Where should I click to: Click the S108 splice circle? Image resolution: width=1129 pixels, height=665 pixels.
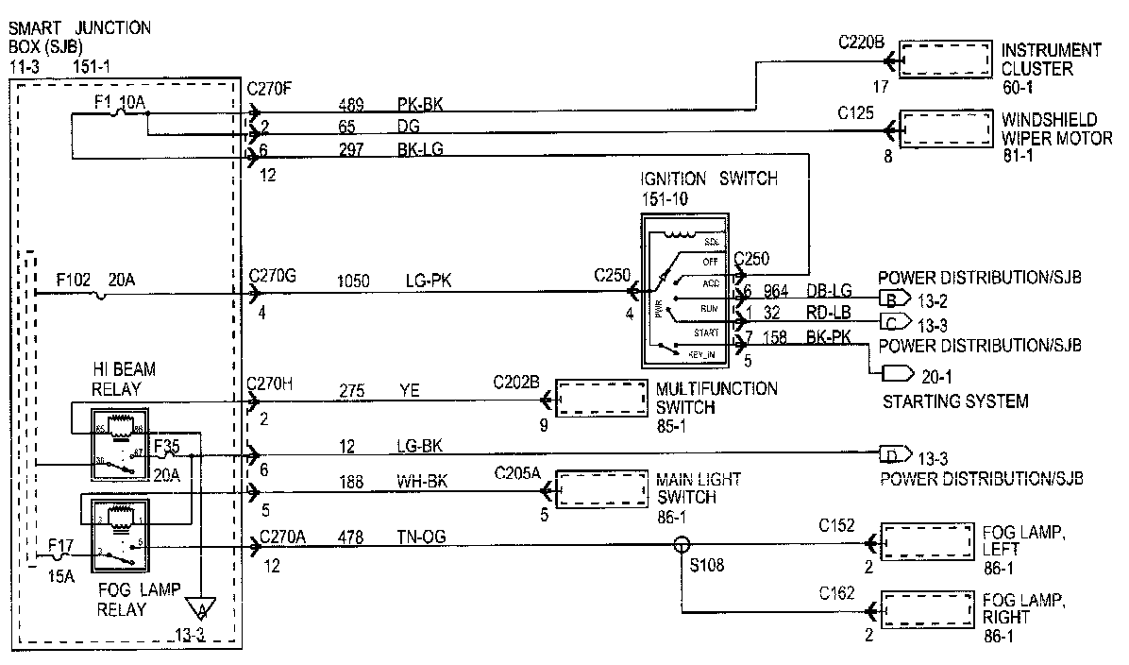[x=680, y=545]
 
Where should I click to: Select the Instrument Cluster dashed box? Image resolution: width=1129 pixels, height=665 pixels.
[x=945, y=59]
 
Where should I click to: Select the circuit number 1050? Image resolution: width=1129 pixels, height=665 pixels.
[x=354, y=281]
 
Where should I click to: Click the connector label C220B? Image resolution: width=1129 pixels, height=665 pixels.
[x=861, y=43]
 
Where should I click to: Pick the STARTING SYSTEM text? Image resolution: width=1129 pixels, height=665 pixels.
[x=954, y=402]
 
